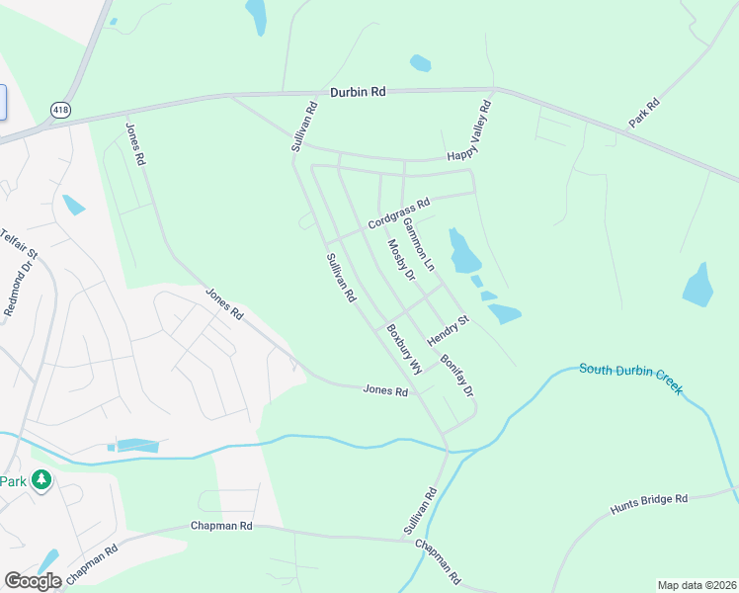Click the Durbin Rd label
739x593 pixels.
click(358, 91)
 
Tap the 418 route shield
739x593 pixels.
click(61, 109)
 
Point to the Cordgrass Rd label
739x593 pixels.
click(399, 213)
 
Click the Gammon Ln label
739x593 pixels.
click(418, 245)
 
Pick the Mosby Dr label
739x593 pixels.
click(401, 260)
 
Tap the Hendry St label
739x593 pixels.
click(448, 330)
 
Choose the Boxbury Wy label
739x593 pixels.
click(404, 349)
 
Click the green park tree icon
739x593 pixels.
click(41, 480)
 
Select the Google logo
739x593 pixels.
click(33, 581)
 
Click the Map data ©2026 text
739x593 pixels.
click(697, 585)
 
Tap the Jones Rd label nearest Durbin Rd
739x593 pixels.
click(135, 144)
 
